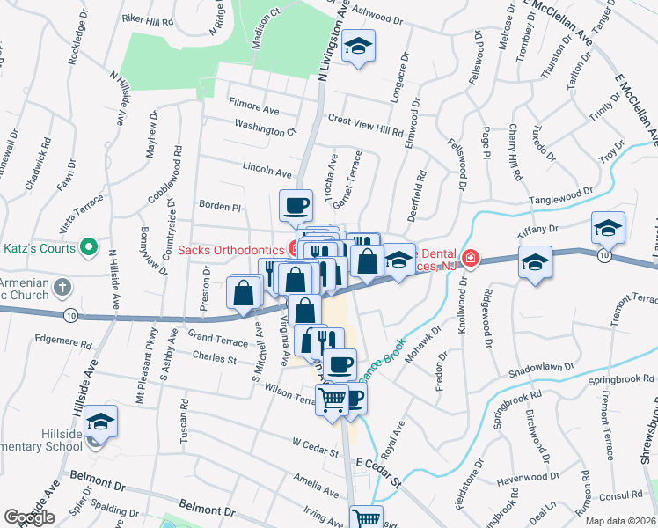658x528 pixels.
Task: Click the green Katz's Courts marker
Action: click(x=88, y=249)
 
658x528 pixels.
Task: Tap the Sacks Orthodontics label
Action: click(x=230, y=250)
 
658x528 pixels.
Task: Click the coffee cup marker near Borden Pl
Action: click(x=296, y=206)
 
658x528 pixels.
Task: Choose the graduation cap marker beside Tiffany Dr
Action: click(x=608, y=228)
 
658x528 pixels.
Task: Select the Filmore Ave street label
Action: click(x=253, y=110)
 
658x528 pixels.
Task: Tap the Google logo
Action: click(x=29, y=517)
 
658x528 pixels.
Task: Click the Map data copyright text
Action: click(x=620, y=521)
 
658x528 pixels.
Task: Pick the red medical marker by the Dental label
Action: click(x=471, y=258)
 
